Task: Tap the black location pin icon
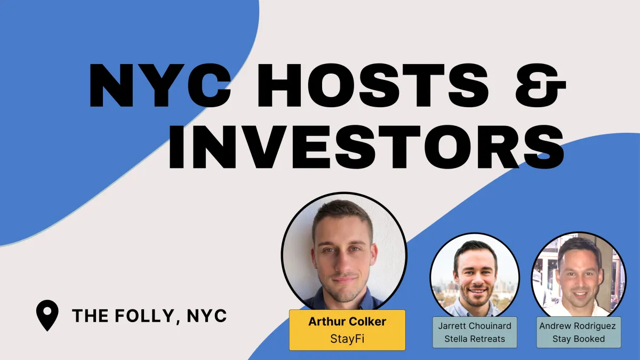tap(47, 315)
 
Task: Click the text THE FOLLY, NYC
tap(149, 316)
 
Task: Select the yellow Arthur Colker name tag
tap(347, 330)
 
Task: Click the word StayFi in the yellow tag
tap(347, 338)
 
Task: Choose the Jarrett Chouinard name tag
tap(474, 332)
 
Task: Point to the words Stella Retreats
tap(474, 339)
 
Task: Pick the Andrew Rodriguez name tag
tap(579, 332)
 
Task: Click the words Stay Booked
tap(579, 339)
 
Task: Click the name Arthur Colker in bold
tap(347, 322)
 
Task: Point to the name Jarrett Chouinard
tap(474, 326)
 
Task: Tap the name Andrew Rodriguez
tap(579, 326)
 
